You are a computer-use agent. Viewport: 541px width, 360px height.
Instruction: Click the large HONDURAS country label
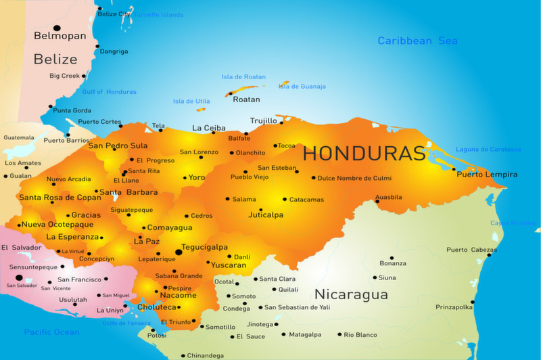tap(364, 153)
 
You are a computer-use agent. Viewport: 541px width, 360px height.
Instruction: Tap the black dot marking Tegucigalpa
tap(179, 252)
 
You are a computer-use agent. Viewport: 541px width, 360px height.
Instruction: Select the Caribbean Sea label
tap(417, 41)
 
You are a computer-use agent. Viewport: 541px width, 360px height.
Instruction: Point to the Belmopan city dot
tap(57, 28)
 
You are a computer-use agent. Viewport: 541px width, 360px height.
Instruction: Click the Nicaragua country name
tap(351, 295)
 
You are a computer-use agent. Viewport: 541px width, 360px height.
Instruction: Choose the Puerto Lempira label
tap(487, 175)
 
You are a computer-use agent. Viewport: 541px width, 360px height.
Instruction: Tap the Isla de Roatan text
tap(244, 77)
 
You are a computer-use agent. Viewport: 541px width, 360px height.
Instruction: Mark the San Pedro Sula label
tap(118, 145)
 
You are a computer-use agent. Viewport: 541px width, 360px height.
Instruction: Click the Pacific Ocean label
tap(51, 332)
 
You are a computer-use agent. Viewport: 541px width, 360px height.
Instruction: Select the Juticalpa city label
tap(266, 215)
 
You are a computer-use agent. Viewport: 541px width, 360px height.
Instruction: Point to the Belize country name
tap(55, 59)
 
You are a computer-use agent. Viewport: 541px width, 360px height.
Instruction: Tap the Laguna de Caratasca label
tap(488, 149)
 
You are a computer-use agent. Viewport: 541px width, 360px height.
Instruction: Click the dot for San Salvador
tap(19, 277)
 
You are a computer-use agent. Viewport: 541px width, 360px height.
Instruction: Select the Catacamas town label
tap(306, 200)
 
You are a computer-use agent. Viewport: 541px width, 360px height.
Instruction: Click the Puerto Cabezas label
tap(471, 250)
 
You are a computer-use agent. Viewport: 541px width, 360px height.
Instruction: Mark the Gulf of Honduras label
tap(109, 92)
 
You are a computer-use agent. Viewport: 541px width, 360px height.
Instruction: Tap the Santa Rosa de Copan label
tap(60, 198)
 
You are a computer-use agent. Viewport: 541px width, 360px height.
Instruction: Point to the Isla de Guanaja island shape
tap(285, 84)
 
